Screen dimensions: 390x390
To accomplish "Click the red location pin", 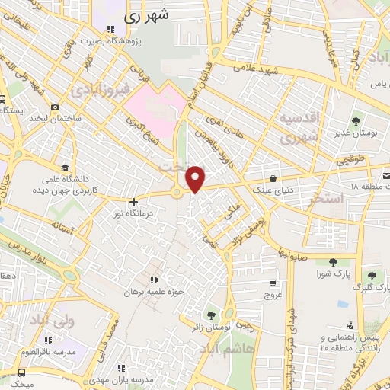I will pos(196,178).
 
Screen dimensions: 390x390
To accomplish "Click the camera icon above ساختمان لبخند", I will pos(55,107).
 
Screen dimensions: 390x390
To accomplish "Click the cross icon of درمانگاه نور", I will pos(134,202).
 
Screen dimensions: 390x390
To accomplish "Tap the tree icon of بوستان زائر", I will pos(210,314).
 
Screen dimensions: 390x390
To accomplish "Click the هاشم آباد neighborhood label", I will pos(225,350).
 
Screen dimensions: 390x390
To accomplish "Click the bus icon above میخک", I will pos(21,372).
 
